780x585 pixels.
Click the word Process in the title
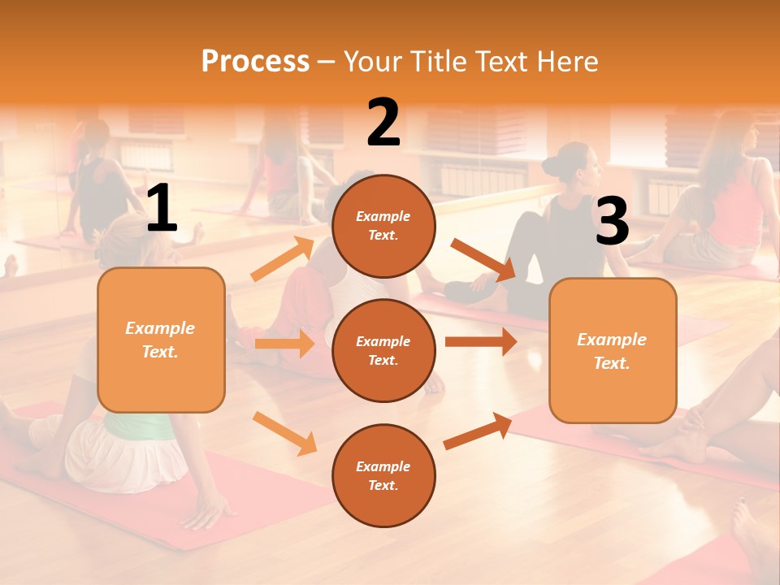(x=255, y=62)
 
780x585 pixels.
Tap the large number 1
(x=162, y=209)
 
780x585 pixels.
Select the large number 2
(x=383, y=123)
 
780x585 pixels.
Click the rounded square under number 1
(x=161, y=340)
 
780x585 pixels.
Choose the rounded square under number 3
(x=613, y=350)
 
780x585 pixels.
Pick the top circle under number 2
(x=383, y=226)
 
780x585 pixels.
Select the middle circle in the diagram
(x=383, y=350)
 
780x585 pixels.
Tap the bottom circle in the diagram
(x=383, y=475)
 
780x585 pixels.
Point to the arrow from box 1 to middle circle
(x=284, y=344)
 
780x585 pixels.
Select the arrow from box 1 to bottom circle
(x=284, y=433)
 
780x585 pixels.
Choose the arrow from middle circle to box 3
(x=480, y=342)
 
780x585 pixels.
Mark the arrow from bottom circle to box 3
(x=478, y=431)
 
